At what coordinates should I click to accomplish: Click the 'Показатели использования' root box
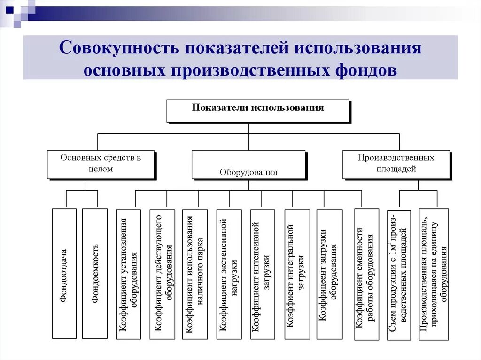[258, 110]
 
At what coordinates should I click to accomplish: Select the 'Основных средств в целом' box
[101, 164]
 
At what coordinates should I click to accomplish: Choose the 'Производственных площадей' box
[396, 164]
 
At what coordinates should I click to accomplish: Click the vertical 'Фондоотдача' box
[64, 273]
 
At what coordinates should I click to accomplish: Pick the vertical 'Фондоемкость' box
[95, 273]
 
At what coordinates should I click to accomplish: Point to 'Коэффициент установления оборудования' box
[128, 274]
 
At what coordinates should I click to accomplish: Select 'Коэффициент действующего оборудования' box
[162, 274]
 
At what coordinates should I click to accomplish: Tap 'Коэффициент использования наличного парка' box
[195, 274]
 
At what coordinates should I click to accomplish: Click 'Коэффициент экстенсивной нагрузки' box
[229, 274]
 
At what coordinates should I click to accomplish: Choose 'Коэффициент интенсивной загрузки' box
[263, 274]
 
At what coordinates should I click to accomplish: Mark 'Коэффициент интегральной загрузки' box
[297, 274]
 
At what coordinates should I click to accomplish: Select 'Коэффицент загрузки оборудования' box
[329, 274]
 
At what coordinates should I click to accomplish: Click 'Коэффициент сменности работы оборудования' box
[366, 274]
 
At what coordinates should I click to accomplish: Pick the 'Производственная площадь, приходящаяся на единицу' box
[434, 274]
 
